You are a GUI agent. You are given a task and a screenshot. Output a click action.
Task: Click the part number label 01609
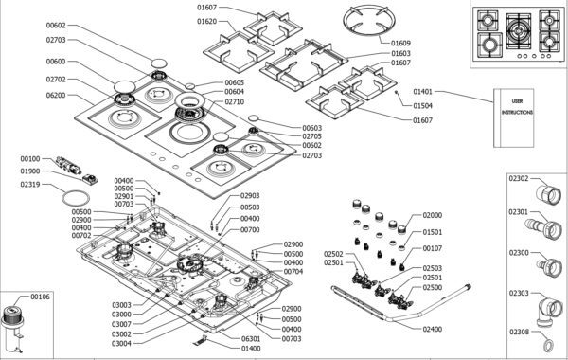click(x=400, y=44)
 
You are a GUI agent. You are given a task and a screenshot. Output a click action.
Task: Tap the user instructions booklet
click(x=514, y=117)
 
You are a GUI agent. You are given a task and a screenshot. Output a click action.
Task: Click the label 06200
click(x=56, y=96)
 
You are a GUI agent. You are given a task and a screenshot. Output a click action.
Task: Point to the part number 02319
click(x=30, y=185)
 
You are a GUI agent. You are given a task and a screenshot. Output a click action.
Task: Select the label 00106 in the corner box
click(x=40, y=297)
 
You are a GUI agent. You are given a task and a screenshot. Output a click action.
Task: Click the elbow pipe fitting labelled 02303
click(x=548, y=311)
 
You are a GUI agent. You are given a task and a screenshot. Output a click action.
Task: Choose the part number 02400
click(x=433, y=329)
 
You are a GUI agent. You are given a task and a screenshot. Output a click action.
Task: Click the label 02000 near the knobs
click(x=433, y=215)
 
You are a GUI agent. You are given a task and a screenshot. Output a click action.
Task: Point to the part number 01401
click(x=423, y=92)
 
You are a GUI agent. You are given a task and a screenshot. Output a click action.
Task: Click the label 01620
click(x=206, y=22)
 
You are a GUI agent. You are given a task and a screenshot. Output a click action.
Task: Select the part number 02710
click(x=235, y=102)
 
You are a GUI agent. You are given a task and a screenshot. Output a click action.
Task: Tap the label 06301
click(x=251, y=339)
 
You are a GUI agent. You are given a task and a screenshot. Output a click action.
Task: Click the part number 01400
click(x=251, y=349)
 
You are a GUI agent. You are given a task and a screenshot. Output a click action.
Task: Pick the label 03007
click(x=121, y=324)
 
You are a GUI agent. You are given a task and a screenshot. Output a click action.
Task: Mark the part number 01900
click(x=30, y=171)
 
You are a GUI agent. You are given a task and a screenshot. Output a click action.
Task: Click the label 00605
click(x=235, y=83)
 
